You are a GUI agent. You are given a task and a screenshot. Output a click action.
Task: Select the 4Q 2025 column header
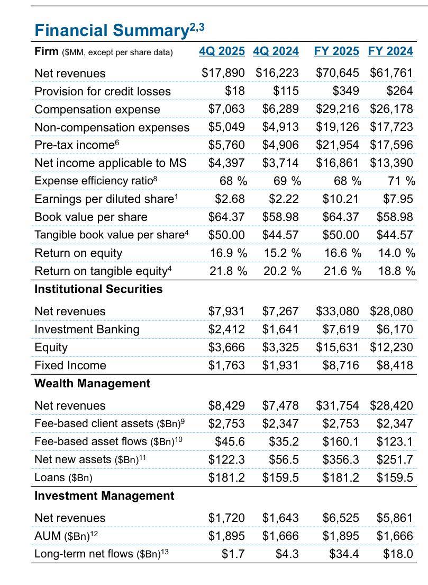point(222,51)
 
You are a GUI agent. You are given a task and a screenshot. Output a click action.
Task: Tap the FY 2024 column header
point(390,51)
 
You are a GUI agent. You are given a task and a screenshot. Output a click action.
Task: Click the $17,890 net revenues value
point(223,73)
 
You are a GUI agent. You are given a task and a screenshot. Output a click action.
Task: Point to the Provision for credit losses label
point(103,91)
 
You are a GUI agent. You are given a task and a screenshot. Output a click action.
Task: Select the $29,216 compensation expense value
point(337,109)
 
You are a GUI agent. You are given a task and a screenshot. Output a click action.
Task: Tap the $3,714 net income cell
point(280,163)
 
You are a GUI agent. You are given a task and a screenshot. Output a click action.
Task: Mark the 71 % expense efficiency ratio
point(401,181)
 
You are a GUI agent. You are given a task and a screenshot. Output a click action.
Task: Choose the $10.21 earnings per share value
point(341,199)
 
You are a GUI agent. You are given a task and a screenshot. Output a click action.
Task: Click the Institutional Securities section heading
point(98,289)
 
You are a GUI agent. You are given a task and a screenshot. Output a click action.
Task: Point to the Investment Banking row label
point(87,330)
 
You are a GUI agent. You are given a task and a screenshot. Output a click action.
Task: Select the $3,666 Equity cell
point(226,348)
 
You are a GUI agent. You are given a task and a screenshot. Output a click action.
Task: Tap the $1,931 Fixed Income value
point(280,366)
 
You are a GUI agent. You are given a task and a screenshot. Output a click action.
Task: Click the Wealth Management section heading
point(92,384)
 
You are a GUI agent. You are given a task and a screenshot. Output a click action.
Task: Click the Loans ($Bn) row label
point(63,478)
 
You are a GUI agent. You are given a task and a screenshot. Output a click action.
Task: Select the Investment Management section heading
point(104,496)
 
